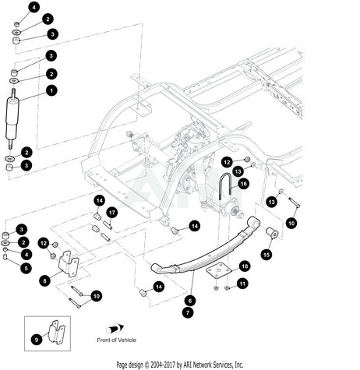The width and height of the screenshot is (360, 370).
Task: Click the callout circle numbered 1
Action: pyautogui.click(x=51, y=90)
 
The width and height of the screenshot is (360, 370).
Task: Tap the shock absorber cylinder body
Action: pyautogui.click(x=12, y=119)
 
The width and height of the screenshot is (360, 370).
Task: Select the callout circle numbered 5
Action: pyautogui.click(x=26, y=268)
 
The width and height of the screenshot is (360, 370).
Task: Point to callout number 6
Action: pyautogui.click(x=190, y=301)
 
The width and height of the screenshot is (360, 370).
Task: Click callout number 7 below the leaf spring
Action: pyautogui.click(x=188, y=312)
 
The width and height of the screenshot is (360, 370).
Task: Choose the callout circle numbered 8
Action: pyautogui.click(x=45, y=280)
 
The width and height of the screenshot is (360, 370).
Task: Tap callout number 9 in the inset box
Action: pyautogui.click(x=37, y=340)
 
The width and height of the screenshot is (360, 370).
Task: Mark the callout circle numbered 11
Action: pyautogui.click(x=242, y=284)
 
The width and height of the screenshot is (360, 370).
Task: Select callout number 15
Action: pyautogui.click(x=266, y=255)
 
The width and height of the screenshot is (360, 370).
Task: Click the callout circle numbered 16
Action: pyautogui.click(x=243, y=184)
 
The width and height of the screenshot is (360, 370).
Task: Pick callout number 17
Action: pyautogui.click(x=112, y=213)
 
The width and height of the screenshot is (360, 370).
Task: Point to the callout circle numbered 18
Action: pyautogui.click(x=245, y=266)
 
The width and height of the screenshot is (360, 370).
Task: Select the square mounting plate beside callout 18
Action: pyautogui.click(x=219, y=271)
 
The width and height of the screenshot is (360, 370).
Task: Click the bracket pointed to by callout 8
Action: pyautogui.click(x=69, y=264)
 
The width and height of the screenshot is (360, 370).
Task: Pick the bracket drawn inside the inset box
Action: pyautogui.click(x=57, y=333)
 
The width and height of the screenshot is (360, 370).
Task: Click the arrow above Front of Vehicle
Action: pyautogui.click(x=115, y=329)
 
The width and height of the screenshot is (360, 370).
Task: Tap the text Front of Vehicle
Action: pyautogui.click(x=116, y=340)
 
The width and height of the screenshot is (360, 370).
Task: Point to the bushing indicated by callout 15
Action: pyautogui.click(x=272, y=233)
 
